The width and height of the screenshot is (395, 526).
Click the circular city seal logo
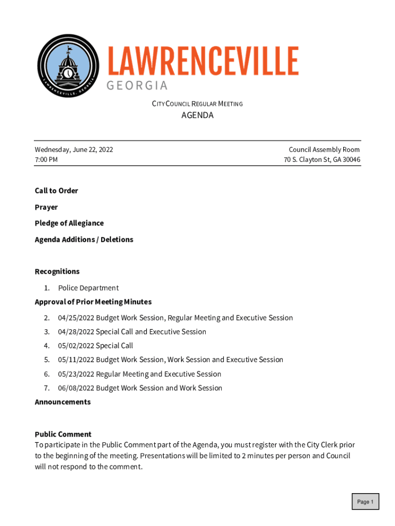pos(68,67)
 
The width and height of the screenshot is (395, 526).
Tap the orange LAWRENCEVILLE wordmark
pos(203,62)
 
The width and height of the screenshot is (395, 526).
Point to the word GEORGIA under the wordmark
pos(137,85)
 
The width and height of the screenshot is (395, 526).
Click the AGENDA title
pos(197,116)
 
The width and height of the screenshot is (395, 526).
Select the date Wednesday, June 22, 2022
pos(74,150)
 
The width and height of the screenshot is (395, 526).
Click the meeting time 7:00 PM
pos(46,160)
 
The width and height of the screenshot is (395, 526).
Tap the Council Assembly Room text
pos(324,150)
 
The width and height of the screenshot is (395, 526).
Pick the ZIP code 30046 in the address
pos(351,160)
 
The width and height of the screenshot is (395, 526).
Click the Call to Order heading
pos(56,191)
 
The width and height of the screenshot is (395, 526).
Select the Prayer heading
pos(46,208)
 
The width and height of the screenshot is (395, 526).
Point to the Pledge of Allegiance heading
pos(69,223)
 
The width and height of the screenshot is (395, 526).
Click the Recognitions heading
pos(57,272)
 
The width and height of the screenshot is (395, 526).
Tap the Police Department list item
pos(88,288)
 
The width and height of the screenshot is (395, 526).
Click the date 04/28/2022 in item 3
pos(76,332)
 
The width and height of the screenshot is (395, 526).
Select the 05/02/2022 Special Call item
pos(95,346)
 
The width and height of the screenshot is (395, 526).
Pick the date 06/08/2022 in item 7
pos(76,388)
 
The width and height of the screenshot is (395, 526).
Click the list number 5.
pos(47,360)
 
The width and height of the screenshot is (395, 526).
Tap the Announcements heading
pos(63,402)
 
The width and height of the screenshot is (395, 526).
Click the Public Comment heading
pos(63,435)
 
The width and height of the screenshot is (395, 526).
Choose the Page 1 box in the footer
pos(365,502)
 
